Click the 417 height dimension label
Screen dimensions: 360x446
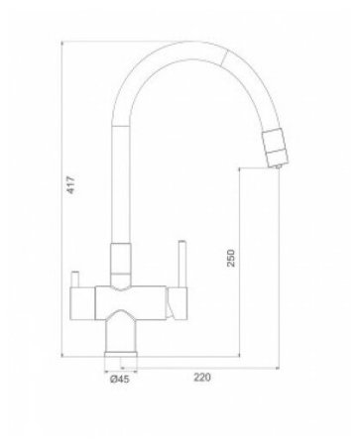(71, 184)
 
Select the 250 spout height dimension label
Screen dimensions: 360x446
(231, 258)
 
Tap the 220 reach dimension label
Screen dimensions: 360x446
(202, 377)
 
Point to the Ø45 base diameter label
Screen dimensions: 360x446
(120, 379)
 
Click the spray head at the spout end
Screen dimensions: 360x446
(277, 146)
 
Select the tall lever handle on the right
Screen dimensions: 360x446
(182, 264)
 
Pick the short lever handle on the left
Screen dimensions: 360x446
(75, 279)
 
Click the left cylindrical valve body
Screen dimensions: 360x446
(82, 303)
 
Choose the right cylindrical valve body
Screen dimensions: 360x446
(177, 303)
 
